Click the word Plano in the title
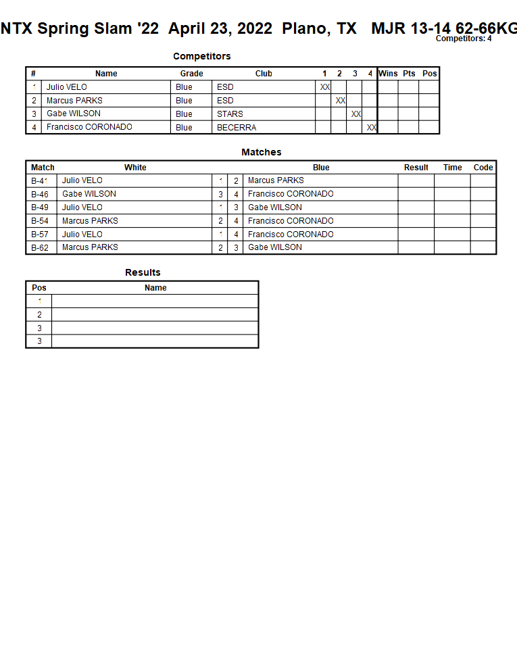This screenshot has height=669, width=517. coord(303,28)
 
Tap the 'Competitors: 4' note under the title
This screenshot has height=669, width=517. coord(464,39)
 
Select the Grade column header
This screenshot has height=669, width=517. coord(191,74)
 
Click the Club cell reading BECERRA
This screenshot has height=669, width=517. coord(237,127)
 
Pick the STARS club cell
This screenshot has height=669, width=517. coord(230,114)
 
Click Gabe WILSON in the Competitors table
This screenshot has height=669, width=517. coord(74,114)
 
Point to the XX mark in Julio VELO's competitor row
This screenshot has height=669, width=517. coord(325,87)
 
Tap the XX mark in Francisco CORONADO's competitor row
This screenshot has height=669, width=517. coord(372,127)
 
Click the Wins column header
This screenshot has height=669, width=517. coord(388,74)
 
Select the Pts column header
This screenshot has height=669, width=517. coord(409,74)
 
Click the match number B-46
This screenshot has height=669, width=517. coord(40,194)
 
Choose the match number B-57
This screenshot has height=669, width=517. coord(40,234)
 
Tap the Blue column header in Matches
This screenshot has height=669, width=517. coord(321,168)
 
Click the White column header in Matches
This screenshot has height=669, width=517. coord(135,168)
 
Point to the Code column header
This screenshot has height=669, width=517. coord(483,168)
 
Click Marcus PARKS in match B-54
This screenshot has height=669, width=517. coord(90,221)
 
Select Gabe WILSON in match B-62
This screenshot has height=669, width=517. coord(275,247)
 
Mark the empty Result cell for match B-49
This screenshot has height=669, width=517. coord(416,207)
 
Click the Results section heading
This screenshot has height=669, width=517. coord(143,272)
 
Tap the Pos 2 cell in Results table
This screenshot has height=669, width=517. coord(39,315)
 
